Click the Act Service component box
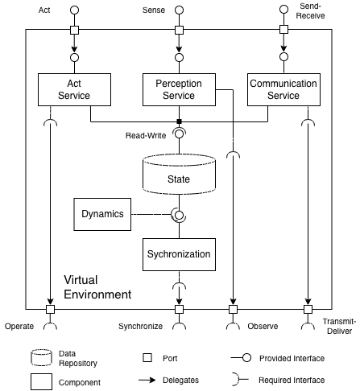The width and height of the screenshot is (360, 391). tap(75, 89)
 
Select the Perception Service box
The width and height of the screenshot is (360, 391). tap(178, 89)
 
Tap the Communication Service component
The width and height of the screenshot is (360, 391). tap(283, 89)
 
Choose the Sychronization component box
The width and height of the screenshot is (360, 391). tap(178, 254)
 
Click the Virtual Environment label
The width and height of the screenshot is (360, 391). tap(97, 288)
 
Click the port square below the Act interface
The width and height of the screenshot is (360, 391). tap(75, 31)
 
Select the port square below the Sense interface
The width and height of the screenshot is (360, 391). tap(178, 31)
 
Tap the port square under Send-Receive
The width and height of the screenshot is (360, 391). tap(283, 31)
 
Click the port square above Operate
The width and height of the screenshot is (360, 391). tap(50, 308)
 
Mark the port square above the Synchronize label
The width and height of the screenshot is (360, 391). tap(178, 308)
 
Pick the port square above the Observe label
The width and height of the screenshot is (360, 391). tap(233, 308)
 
